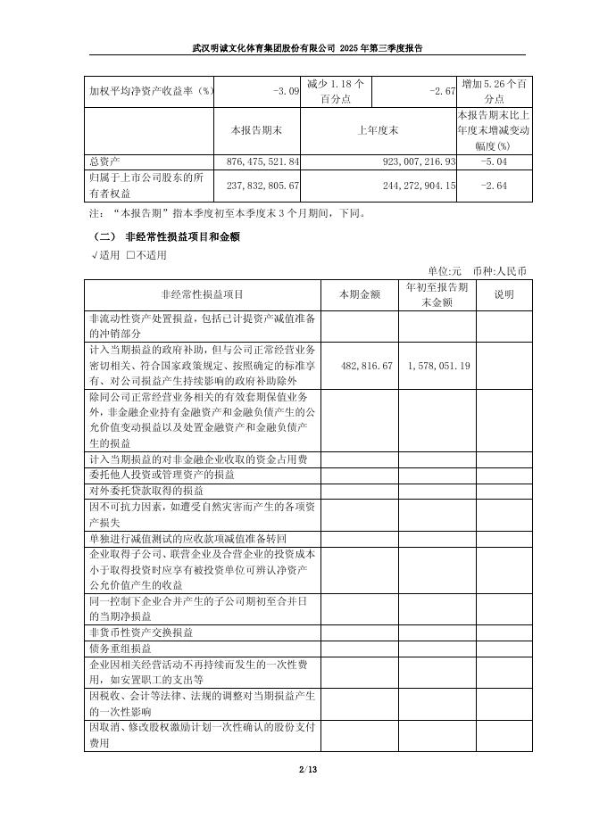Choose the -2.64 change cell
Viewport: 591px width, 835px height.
pyautogui.click(x=493, y=185)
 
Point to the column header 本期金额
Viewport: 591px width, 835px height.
pyautogui.click(x=360, y=294)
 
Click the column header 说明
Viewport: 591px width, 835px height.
pyautogui.click(x=504, y=294)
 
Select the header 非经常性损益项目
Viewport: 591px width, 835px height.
pyautogui.click(x=203, y=294)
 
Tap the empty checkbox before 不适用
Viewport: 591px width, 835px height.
pyautogui.click(x=130, y=255)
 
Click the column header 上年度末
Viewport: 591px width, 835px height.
pyautogui.click(x=378, y=130)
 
